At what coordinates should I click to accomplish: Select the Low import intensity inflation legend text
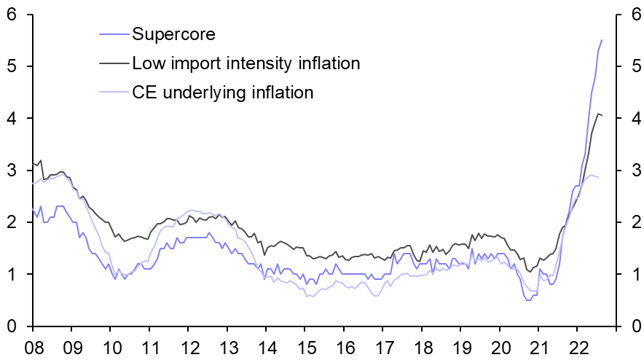246,63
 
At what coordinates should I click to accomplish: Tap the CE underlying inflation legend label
222,93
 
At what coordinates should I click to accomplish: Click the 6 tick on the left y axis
13,15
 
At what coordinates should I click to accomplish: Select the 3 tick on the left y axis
13,171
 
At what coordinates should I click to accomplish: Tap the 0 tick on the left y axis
13,326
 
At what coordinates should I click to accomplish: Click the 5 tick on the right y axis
631,66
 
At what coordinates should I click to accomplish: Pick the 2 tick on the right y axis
631,222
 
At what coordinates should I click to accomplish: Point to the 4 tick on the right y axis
631,119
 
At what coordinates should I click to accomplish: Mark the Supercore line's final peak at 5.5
602,40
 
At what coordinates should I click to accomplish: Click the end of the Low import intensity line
602,115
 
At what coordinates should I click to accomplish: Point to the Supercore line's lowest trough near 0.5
528,300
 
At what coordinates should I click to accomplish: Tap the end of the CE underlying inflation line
599,177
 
